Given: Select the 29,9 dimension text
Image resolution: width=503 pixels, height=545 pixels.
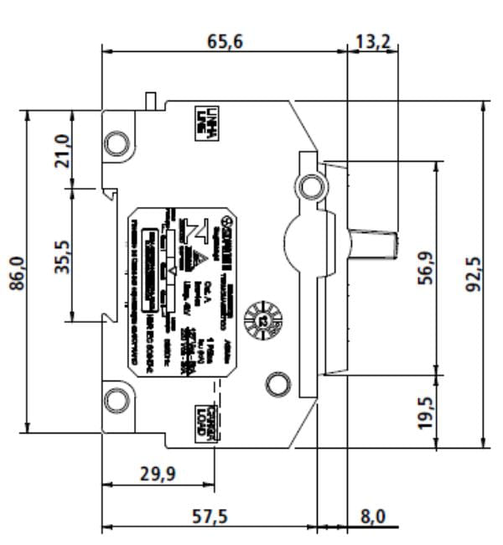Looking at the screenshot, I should click(158, 475).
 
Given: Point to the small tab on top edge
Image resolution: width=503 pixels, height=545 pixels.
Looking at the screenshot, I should click(152, 99).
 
